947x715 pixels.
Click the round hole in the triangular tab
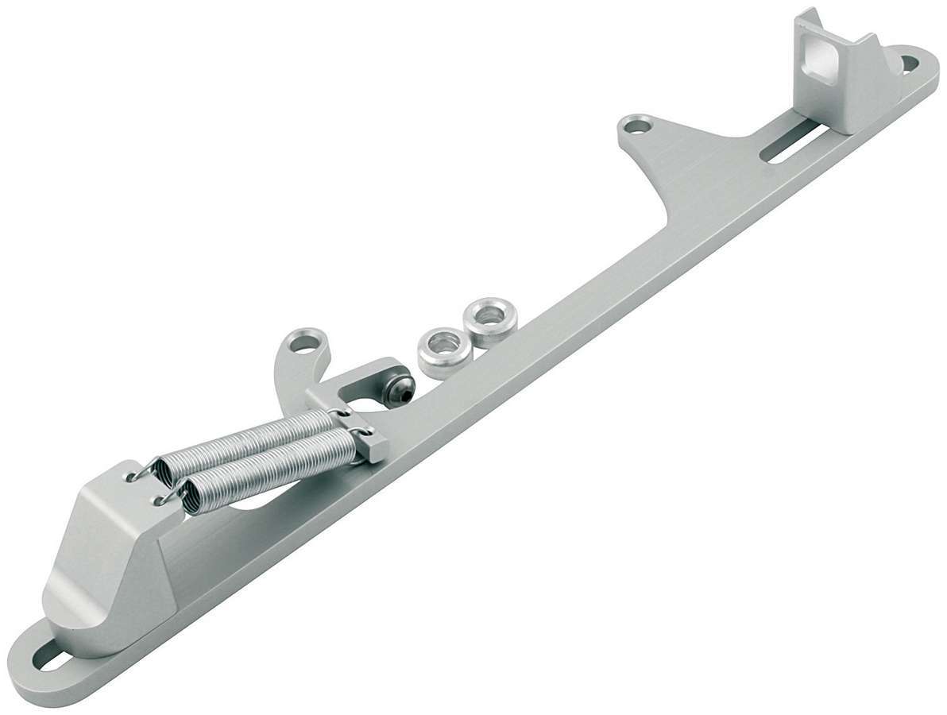click(635, 126)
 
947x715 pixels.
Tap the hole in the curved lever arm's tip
click(304, 344)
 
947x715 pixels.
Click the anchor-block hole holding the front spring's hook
click(157, 501)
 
